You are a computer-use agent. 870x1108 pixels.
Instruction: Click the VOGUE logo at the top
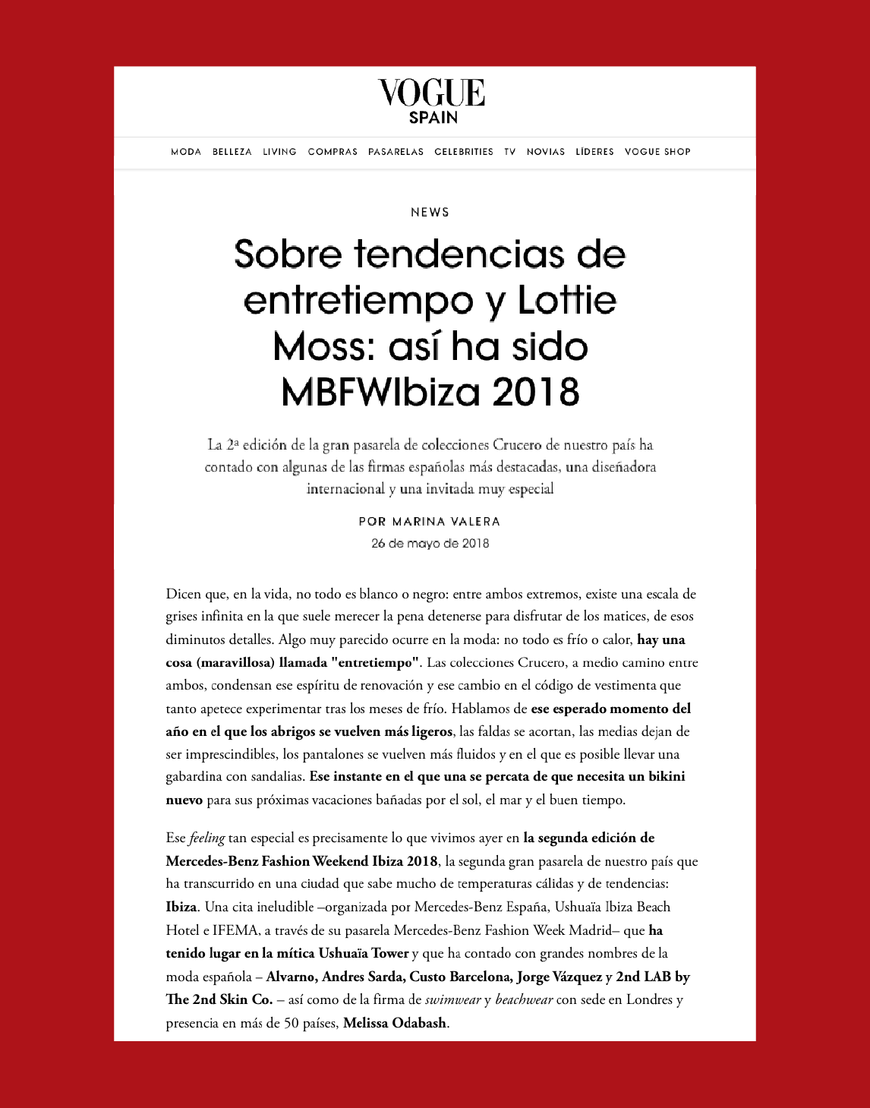(431, 93)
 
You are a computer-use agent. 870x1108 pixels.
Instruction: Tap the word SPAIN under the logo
(433, 118)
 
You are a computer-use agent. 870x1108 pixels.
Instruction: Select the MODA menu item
(186, 152)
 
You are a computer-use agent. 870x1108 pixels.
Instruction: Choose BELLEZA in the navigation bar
(232, 152)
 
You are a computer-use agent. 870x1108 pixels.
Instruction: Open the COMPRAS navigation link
(333, 152)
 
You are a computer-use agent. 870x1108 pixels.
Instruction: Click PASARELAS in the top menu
(396, 152)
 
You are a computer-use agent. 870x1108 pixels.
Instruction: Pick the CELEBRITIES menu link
(464, 152)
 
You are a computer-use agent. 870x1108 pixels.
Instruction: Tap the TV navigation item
(510, 152)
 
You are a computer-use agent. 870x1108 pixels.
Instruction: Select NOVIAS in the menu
(546, 152)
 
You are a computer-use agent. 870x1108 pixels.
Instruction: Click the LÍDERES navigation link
(594, 152)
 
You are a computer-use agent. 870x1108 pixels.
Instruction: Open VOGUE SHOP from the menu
(657, 152)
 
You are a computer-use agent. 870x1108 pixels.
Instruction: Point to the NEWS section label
(430, 213)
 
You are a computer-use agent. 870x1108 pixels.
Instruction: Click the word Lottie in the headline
(566, 301)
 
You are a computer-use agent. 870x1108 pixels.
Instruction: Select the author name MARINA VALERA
(446, 522)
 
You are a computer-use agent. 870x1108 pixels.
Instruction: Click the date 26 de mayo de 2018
(430, 544)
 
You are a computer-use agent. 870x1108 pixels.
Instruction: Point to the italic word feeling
(206, 838)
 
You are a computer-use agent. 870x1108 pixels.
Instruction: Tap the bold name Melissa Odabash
(395, 1023)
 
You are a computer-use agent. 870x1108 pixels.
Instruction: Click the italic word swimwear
(452, 1000)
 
